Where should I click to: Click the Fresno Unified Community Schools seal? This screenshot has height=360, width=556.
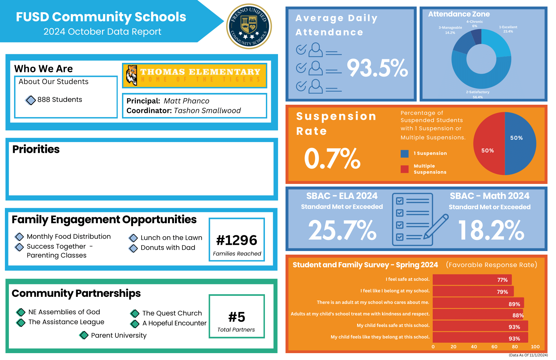coord(249,26)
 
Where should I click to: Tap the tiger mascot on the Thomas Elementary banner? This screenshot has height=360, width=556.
coord(132,75)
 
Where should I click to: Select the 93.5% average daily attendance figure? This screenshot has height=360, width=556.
coord(377,68)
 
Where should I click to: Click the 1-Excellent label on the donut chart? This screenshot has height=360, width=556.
coord(508,27)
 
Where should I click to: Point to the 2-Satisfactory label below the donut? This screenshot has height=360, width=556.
coord(478,92)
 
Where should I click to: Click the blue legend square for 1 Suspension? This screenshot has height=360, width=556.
coord(405,153)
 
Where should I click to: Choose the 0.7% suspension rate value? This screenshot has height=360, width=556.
coord(332,159)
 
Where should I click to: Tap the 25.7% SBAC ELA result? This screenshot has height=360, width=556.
coord(342,230)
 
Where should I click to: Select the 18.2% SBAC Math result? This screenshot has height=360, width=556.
coord(491,230)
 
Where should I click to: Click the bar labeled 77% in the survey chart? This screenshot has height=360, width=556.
coord(472,280)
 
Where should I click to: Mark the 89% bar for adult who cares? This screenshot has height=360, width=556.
coord(478,303)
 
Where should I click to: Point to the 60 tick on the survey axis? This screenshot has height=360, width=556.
coord(494,347)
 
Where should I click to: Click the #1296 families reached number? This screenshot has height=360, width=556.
coord(237,241)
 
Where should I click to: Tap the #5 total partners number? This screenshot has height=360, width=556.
coord(236,317)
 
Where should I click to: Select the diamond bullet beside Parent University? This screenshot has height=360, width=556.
coord(84,335)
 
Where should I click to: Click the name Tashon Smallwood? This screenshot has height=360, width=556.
coord(207,111)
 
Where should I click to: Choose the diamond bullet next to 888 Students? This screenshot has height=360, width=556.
coord(31,100)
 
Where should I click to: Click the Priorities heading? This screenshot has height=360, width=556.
coord(36,149)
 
